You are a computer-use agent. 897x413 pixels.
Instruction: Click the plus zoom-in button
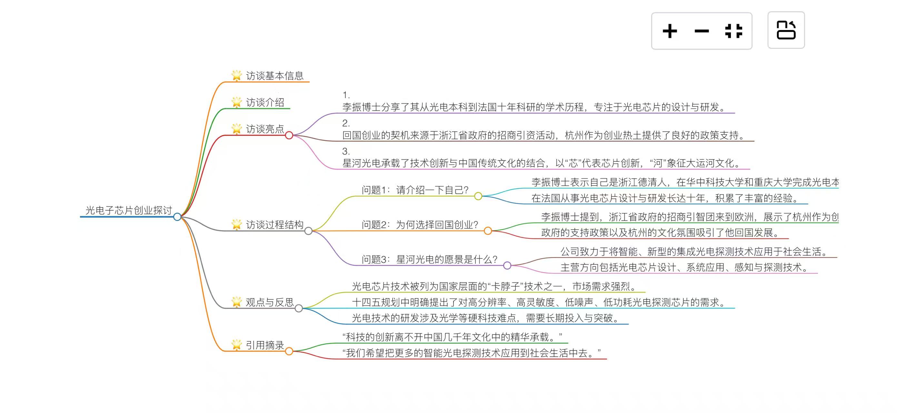pos(670,31)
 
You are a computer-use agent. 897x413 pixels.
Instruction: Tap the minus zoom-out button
pos(701,31)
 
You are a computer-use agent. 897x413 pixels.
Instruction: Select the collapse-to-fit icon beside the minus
pos(733,31)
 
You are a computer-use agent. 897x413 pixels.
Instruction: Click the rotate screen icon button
pos(786,30)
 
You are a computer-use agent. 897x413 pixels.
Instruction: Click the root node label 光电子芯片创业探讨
pos(129,210)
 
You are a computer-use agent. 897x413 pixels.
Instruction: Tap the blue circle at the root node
pos(177,217)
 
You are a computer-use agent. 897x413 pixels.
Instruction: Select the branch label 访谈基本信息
pos(274,76)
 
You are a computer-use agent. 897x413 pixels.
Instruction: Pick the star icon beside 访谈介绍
pos(236,102)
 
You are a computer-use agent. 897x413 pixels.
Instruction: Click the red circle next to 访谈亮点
pos(289,136)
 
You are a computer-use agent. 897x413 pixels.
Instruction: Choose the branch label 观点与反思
pos(270,302)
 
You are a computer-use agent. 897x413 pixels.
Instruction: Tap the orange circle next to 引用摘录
pos(289,351)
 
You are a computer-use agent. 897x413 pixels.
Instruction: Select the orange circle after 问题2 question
pos(488,231)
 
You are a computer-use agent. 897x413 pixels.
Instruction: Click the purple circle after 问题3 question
pos(507,266)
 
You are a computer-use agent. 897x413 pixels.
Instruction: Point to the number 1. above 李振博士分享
pos(346,95)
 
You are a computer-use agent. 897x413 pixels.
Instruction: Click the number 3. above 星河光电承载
pos(346,151)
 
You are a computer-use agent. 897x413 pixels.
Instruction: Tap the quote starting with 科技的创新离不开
pos(452,337)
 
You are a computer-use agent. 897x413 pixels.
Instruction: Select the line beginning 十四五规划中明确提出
pos(540,302)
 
